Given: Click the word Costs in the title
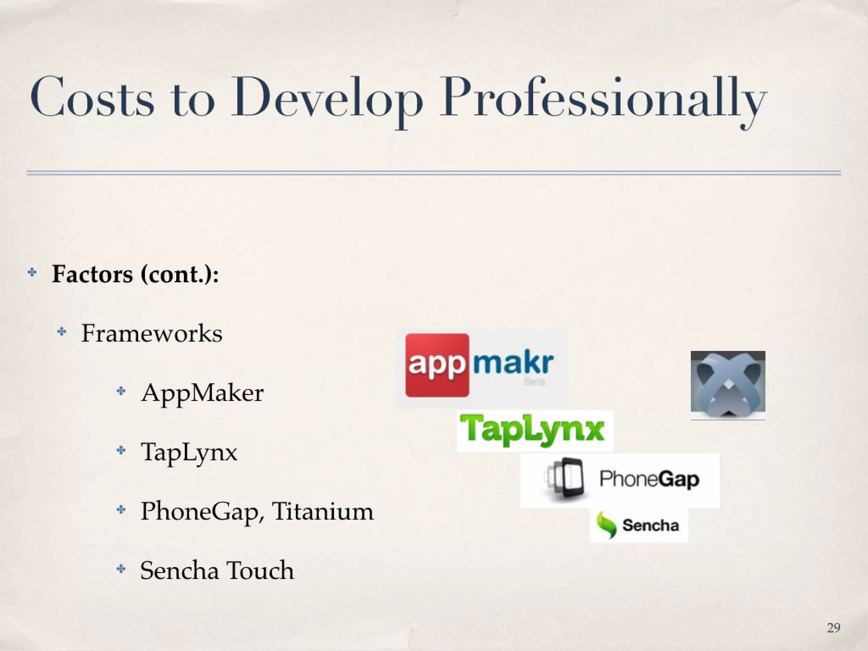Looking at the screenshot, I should (92, 97).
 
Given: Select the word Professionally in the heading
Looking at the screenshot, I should (602, 100).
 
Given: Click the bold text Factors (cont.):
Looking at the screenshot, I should (135, 274).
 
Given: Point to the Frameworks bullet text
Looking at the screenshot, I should (152, 333).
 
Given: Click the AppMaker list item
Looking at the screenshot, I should (202, 393).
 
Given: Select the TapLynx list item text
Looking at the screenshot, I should (189, 452).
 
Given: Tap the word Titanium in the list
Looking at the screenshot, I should (323, 511).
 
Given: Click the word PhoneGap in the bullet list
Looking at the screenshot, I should (199, 512).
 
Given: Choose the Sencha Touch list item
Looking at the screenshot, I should (217, 570).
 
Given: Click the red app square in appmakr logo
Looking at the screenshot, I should (437, 365).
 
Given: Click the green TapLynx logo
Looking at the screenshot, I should (535, 431).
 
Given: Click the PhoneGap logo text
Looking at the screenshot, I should (649, 480).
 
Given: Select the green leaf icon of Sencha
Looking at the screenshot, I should (606, 525).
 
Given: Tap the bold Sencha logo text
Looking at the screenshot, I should (650, 526).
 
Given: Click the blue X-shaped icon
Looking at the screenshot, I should (728, 385).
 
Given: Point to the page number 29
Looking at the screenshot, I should (833, 628).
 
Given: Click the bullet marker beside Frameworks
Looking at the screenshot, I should (62, 332).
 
